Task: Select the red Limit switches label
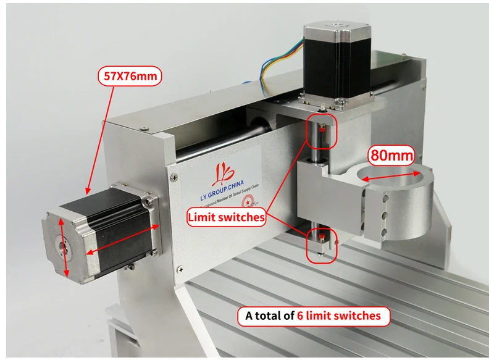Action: pyautogui.click(x=227, y=217)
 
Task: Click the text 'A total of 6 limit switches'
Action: pyautogui.click(x=313, y=316)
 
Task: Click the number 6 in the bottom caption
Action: pyautogui.click(x=300, y=316)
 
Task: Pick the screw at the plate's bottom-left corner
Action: pyautogui.click(x=180, y=267)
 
